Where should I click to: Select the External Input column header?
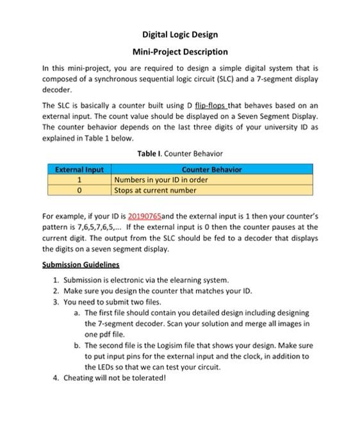coord(79,170)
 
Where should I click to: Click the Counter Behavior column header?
coord(212,170)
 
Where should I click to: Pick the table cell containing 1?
coord(79,180)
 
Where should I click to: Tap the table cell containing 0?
coord(79,190)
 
